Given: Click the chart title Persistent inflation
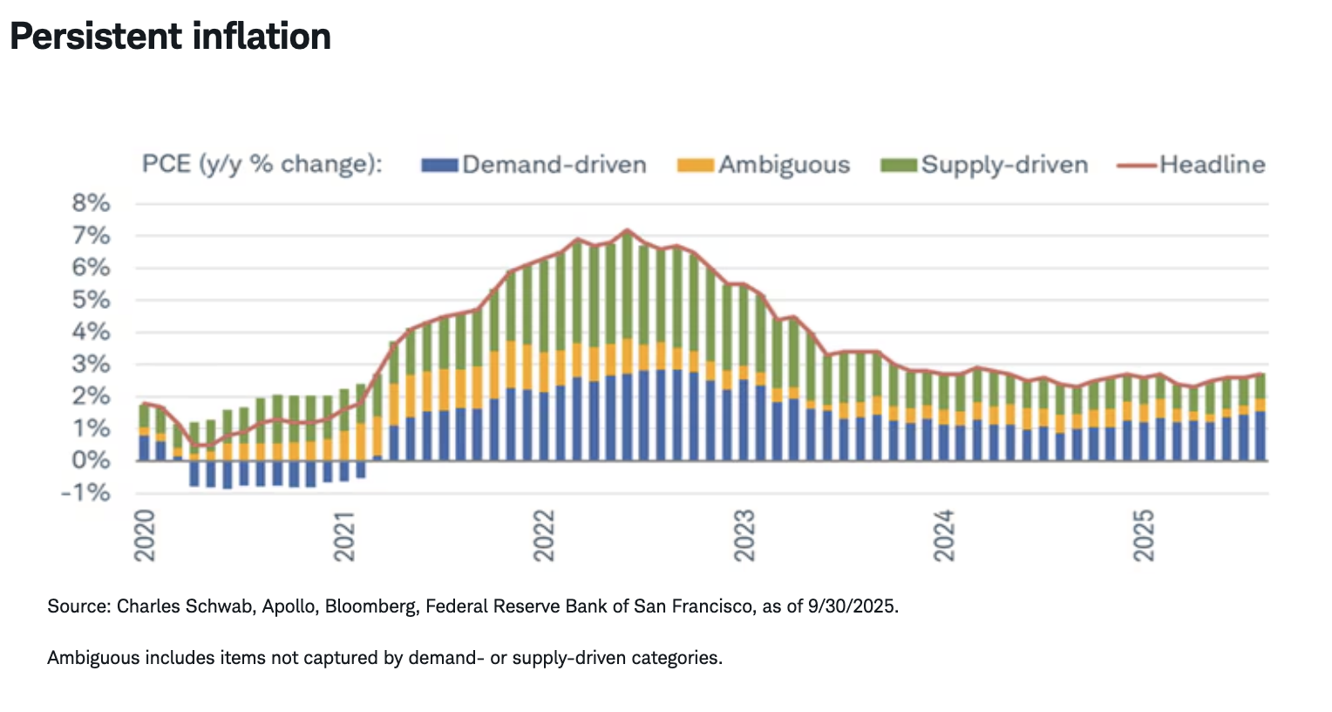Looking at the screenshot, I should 171,37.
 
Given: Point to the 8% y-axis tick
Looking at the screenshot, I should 91,203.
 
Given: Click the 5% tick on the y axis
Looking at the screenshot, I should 91,300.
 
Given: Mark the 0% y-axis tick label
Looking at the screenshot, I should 91,461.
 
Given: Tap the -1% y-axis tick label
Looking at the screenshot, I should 85,493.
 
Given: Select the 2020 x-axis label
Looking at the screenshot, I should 145,535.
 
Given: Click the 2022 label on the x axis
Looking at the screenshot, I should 544,535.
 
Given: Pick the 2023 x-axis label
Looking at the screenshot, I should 744,535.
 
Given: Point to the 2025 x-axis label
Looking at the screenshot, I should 1143,535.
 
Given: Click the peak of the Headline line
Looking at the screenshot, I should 627,230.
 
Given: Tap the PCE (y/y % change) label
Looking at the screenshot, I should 262,164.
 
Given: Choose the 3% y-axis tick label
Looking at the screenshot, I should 91,365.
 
